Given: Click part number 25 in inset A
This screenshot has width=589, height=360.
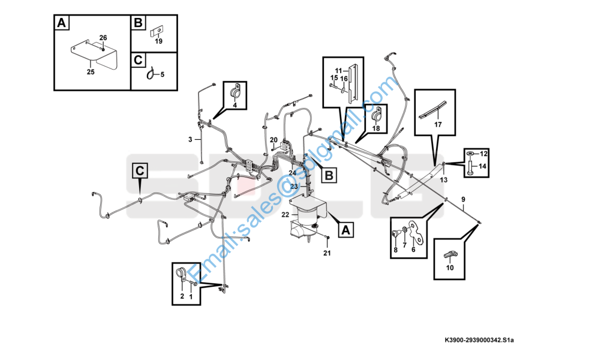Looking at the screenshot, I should [x=91, y=72].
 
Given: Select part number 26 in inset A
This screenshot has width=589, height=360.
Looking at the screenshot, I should [x=103, y=38].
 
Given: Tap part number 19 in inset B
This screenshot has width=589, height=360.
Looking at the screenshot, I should [x=158, y=41].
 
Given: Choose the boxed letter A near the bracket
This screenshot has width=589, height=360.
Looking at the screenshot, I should [x=344, y=229].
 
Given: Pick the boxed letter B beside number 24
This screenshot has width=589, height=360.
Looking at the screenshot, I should [x=329, y=175].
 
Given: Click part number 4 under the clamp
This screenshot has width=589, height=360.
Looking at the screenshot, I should [x=235, y=106].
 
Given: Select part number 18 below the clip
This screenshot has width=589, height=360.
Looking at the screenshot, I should [x=376, y=128].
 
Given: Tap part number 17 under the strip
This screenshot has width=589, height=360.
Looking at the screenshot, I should [x=437, y=125].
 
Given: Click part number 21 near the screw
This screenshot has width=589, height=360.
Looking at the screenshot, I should [x=327, y=253].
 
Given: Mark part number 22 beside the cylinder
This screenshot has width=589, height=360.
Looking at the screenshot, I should [x=286, y=215].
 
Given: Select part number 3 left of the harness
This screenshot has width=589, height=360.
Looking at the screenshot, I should [x=190, y=139].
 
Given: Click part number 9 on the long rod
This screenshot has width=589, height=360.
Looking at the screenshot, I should [x=462, y=199].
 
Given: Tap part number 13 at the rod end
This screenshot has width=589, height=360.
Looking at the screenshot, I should [x=444, y=179].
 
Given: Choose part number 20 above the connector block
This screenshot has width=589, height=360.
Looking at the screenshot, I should [x=273, y=140].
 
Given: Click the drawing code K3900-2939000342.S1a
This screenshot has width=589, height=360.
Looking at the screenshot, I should [x=479, y=340].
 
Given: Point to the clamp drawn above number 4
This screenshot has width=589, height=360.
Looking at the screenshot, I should [x=235, y=92].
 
